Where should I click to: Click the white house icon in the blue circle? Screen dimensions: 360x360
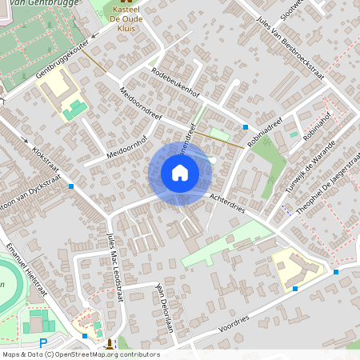(x=180, y=173)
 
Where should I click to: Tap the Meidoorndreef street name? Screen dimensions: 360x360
(x=140, y=105)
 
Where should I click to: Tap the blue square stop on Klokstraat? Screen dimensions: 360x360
(x=71, y=186)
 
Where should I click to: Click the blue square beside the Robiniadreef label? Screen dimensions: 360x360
(x=245, y=127)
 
